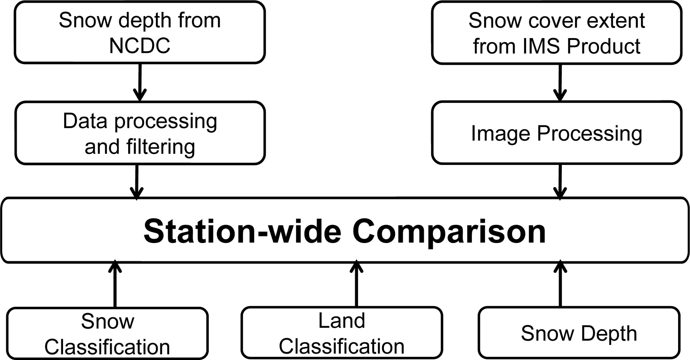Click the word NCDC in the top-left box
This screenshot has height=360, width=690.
point(140,46)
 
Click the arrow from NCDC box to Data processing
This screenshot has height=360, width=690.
point(140,82)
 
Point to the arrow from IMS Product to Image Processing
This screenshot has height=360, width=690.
point(560,82)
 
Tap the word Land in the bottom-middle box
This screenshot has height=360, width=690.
point(341,320)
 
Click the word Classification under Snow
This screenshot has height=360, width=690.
point(107,347)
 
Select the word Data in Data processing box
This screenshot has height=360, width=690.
point(85,121)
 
